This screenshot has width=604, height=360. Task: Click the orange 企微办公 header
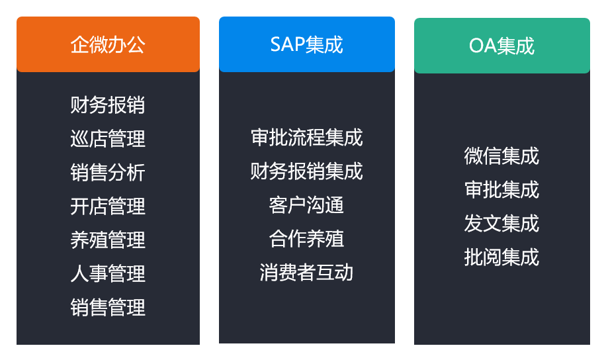pos(108,44)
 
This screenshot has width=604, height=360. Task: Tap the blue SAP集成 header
pos(306,44)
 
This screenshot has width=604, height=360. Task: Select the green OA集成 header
pos(502,46)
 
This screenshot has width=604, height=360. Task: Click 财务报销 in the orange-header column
pos(108,105)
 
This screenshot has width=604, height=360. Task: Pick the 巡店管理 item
pos(108,139)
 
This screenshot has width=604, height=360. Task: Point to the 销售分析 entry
pos(108,172)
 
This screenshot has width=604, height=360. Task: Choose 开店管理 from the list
pos(108,206)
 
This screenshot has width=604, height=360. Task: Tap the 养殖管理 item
pos(108,240)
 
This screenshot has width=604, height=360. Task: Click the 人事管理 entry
pos(108,274)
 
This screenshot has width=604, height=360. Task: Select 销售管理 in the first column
pos(108,307)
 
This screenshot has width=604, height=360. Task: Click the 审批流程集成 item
pos(306,138)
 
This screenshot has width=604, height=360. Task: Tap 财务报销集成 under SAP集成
pos(306,171)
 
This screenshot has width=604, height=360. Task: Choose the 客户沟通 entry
pos(306,204)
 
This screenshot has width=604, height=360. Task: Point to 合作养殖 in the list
pos(306,239)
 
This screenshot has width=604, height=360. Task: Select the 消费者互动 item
pos(306,273)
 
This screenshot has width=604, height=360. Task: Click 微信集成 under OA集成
pos(501,156)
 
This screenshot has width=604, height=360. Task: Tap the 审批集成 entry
pos(501,190)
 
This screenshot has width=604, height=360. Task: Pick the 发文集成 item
pos(501,223)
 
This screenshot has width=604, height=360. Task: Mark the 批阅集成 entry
pos(501,257)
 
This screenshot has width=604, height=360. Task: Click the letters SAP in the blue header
pos(288,44)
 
